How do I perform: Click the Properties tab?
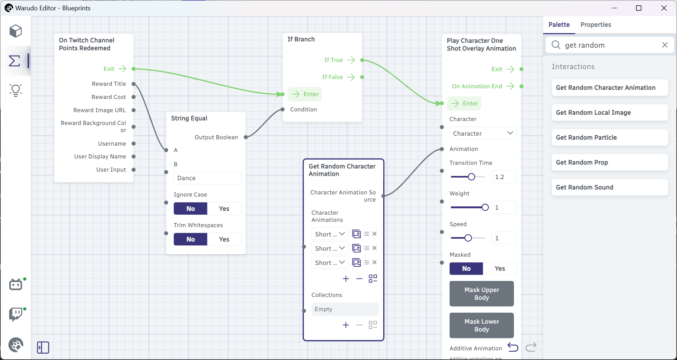[x=595, y=25]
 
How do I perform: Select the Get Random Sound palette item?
[x=609, y=187]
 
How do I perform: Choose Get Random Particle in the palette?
[x=609, y=137]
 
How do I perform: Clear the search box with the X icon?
[x=665, y=45]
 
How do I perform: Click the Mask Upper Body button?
[x=481, y=294]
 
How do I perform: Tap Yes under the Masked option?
[x=500, y=268]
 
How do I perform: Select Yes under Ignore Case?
[x=224, y=209]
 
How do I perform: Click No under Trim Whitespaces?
[x=190, y=239]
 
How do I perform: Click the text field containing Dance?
[x=207, y=178]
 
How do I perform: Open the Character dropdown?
[x=483, y=133]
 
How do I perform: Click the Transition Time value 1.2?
[x=504, y=177]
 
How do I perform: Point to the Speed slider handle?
[x=468, y=238]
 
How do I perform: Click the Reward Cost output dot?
[x=134, y=97]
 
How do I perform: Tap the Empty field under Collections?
[x=345, y=309]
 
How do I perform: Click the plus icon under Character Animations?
[x=346, y=279]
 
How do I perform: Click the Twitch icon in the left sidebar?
[x=16, y=314]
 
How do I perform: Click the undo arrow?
[x=513, y=347]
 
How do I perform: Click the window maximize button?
[x=639, y=8]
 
